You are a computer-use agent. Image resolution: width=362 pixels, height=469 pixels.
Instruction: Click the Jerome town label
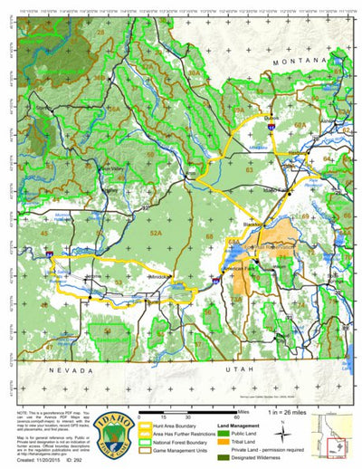90,275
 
